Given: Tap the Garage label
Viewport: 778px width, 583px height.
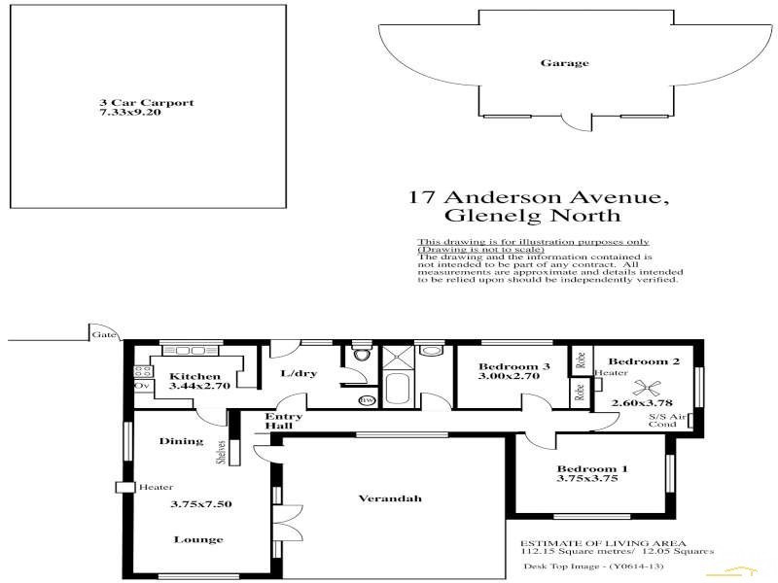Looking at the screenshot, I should coord(564,63).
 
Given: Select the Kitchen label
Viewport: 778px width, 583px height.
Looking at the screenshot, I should coord(194,376).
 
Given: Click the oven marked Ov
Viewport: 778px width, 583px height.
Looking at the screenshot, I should coord(140,386).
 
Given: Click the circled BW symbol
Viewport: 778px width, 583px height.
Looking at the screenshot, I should coord(367,400).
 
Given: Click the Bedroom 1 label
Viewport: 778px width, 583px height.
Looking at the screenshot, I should coord(591,468).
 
